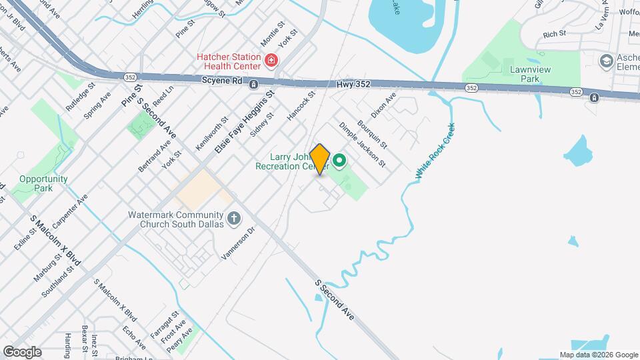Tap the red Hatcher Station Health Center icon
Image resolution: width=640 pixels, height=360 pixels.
pyautogui.click(x=271, y=61)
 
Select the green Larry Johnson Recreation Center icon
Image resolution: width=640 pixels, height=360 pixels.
pyautogui.click(x=339, y=160)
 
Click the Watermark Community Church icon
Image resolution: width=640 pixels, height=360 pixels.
pyautogui.click(x=233, y=217)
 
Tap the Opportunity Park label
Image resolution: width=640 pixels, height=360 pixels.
pyautogui.click(x=43, y=183)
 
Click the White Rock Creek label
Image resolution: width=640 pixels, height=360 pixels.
pyautogui.click(x=436, y=151)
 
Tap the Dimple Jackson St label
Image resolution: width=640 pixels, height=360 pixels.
pyautogui.click(x=362, y=144)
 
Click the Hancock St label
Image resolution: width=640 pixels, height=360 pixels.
pyautogui.click(x=301, y=106)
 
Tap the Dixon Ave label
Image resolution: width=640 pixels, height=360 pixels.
pyautogui.click(x=383, y=105)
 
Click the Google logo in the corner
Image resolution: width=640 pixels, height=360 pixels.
pyautogui.click(x=22, y=351)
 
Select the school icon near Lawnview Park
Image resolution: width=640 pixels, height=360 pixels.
pyautogui.click(x=607, y=62)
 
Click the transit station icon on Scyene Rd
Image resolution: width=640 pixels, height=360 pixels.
pyautogui.click(x=253, y=84)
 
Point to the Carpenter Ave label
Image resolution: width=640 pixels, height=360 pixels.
pyautogui.click(x=71, y=212)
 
